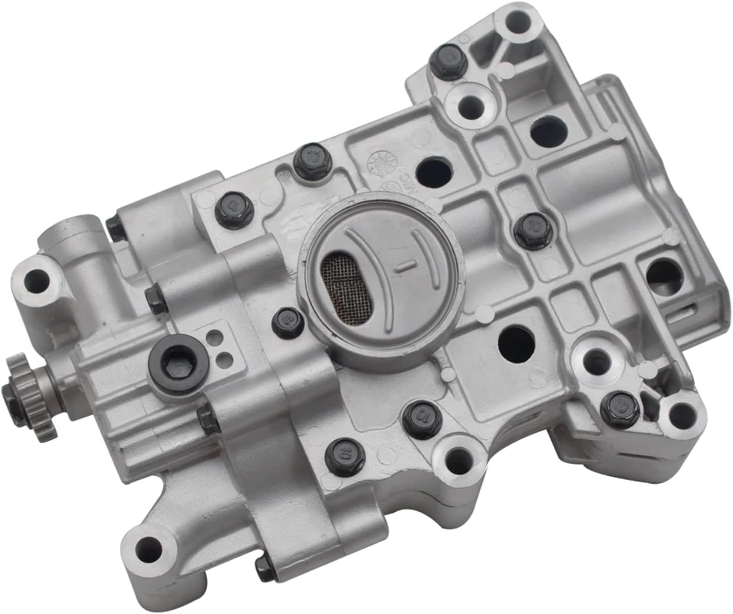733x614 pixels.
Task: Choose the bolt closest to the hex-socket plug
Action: click(209, 421)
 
